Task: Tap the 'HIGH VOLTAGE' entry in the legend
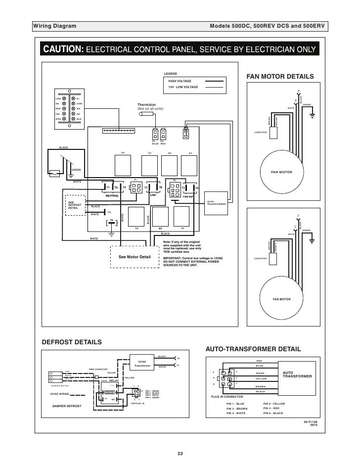point(180,81)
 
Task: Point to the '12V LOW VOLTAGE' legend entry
point(183,87)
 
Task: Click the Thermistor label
point(146,104)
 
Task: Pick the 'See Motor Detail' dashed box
point(134,257)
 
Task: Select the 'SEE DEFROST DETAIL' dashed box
point(75,206)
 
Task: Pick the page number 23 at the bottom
point(180,454)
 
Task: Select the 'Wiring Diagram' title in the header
point(50,25)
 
